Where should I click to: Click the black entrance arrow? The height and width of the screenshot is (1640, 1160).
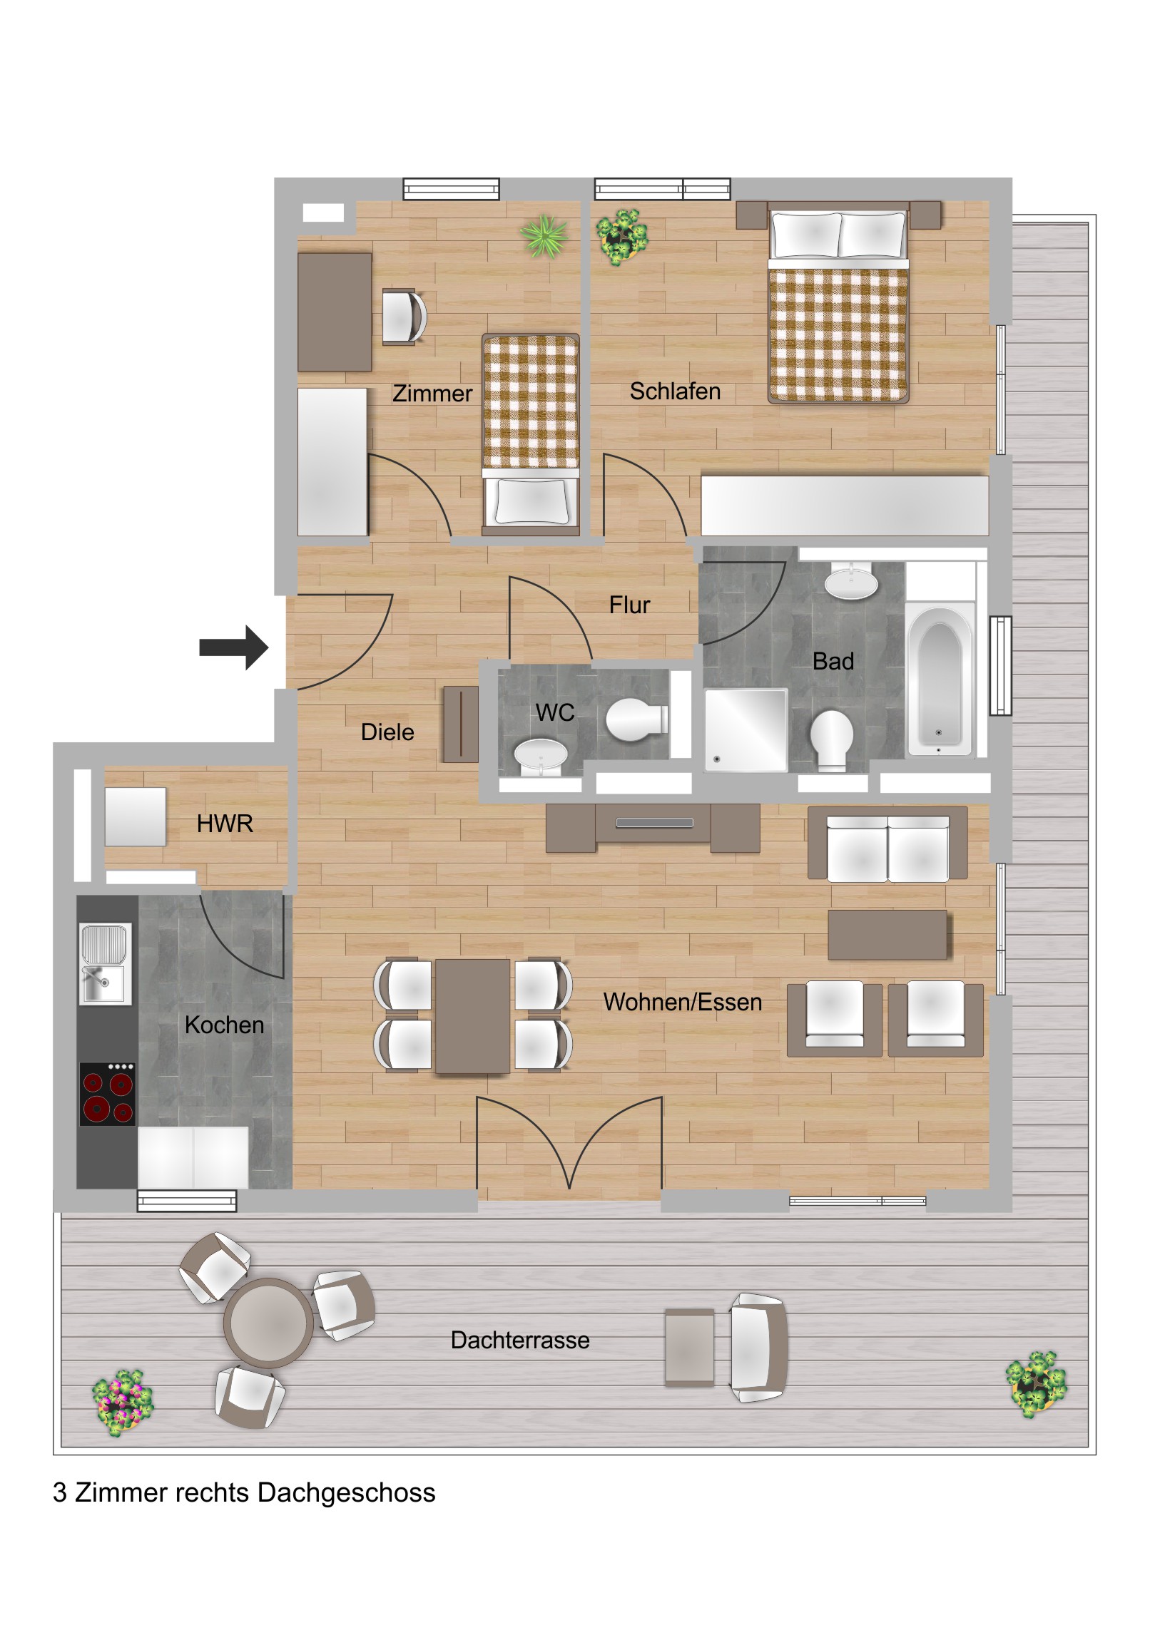[234, 647]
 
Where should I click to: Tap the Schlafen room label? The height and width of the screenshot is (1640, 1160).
[675, 391]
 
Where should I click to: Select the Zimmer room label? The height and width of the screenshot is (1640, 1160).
[432, 394]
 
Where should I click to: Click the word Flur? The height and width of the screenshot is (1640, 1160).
[629, 605]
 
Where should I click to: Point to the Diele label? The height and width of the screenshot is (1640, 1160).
[387, 732]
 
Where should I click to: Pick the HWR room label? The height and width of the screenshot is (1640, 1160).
[225, 824]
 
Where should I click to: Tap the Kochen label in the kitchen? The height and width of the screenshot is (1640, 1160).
[225, 1025]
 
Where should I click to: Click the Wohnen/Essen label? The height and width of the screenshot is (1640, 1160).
[683, 1002]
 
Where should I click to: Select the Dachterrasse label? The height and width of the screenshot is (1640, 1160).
[520, 1340]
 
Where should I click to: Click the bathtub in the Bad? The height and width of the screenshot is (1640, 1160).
[939, 678]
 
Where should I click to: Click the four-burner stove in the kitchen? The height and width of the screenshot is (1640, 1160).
[107, 1094]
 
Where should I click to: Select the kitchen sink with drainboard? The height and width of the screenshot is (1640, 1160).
[105, 963]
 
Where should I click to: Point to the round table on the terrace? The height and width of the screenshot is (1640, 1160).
[268, 1323]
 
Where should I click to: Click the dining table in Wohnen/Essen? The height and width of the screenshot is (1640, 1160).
[472, 1015]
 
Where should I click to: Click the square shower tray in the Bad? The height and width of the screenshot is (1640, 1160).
[746, 729]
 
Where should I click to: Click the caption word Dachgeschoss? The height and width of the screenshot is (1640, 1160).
[346, 1493]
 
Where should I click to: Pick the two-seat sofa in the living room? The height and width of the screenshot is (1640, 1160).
[887, 844]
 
